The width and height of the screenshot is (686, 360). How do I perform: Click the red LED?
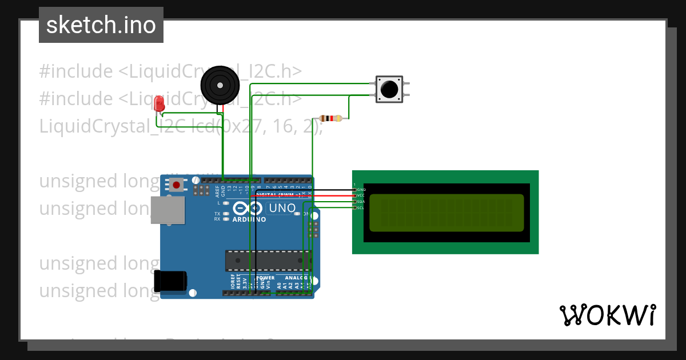[x=159, y=103]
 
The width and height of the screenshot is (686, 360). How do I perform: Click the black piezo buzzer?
[x=220, y=85]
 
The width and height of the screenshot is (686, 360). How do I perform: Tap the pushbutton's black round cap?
[x=389, y=89]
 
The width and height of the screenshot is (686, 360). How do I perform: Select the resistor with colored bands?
[x=330, y=118]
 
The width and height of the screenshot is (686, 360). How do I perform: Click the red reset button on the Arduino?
[x=177, y=185]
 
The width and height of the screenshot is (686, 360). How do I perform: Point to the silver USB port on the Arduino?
[x=167, y=210]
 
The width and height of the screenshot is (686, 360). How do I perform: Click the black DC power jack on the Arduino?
[x=170, y=280]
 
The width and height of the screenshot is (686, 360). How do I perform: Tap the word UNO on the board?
[x=282, y=208]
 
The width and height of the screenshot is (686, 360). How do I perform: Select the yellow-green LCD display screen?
[x=446, y=213]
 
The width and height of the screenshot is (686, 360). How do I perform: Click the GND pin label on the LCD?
[x=361, y=189]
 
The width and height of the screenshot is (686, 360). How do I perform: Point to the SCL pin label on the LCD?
[x=361, y=208]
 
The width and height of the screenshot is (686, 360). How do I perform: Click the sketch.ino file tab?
[x=101, y=25]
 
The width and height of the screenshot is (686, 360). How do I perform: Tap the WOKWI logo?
[x=607, y=315]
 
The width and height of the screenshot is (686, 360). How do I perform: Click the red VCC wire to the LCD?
[x=332, y=195]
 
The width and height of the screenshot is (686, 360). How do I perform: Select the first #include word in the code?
[x=76, y=71]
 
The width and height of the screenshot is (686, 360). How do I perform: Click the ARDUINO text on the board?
[x=249, y=219]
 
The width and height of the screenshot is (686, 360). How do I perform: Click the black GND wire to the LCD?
[x=332, y=190]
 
